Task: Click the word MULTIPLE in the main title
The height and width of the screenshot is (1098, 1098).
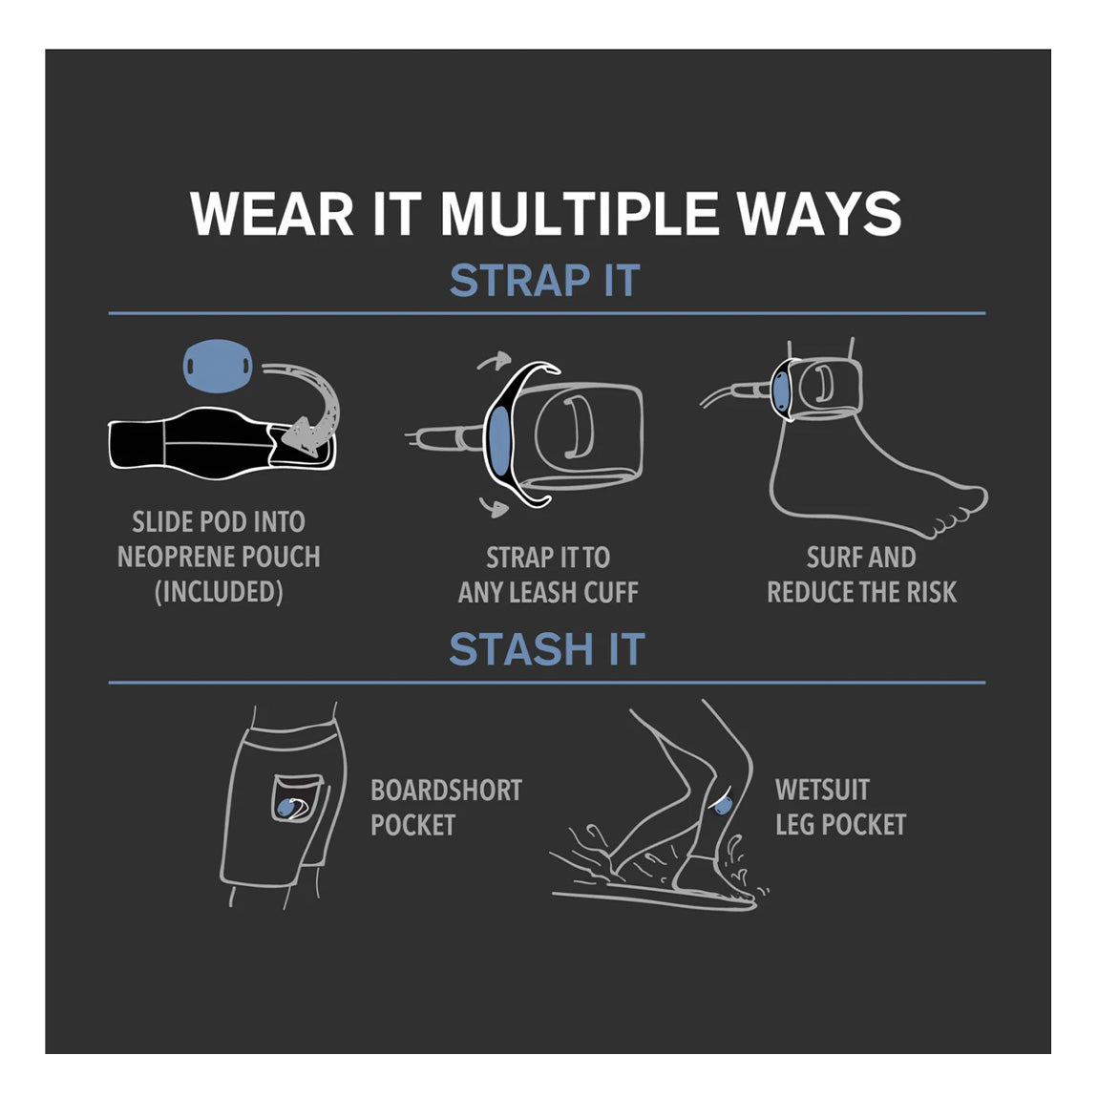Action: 580,214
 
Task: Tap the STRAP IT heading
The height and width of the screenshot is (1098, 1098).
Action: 545,281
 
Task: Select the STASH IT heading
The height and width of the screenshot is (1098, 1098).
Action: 547,649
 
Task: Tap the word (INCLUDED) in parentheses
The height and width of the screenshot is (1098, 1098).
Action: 219,592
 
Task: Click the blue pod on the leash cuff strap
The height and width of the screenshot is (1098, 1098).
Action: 498,440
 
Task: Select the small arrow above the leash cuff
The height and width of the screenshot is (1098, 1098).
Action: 495,360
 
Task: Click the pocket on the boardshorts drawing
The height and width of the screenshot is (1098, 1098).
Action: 296,798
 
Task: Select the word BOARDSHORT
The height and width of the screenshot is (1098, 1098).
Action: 446,791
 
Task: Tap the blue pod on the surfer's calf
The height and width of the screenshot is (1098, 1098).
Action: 724,804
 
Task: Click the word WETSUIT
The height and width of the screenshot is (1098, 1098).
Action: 822,790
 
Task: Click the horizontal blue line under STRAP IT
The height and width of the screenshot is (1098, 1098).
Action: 547,313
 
